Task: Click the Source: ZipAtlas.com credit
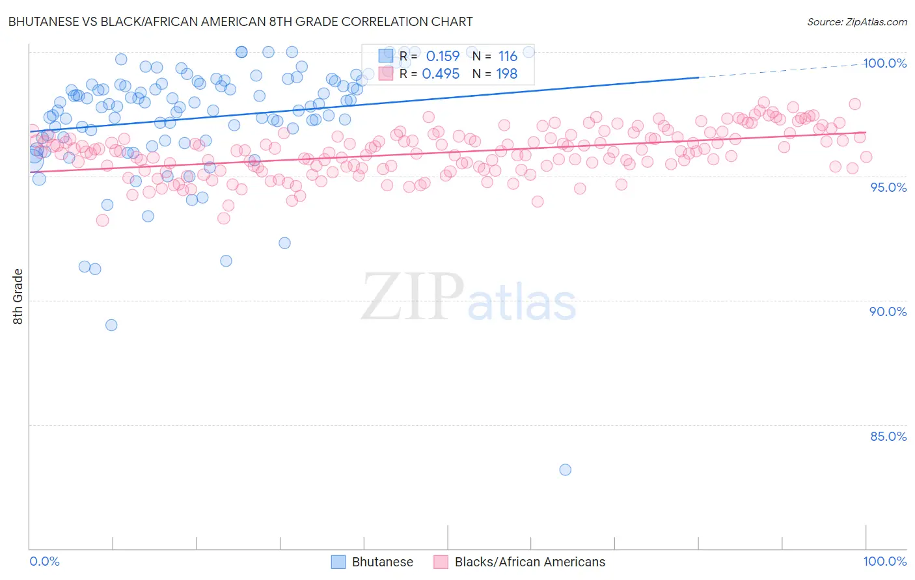[x=856, y=21]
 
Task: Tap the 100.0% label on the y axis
[x=884, y=63]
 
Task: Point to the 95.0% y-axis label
[x=888, y=187]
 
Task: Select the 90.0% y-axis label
[x=888, y=311]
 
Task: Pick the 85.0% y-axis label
[x=888, y=436]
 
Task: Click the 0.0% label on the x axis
[x=45, y=561]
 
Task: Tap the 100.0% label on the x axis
[x=884, y=561]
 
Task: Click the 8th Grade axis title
[x=18, y=297]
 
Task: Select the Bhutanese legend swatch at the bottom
[x=338, y=562]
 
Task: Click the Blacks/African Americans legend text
[x=530, y=562]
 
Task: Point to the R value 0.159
[x=443, y=57]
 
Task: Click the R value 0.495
[x=441, y=73]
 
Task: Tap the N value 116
[x=508, y=57]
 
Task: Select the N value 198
[x=507, y=73]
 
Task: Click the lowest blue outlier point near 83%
[x=565, y=469]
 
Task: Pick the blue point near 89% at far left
[x=111, y=325]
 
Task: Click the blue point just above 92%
[x=284, y=243]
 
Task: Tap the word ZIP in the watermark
[x=411, y=297]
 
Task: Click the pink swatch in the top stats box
[x=386, y=73]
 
